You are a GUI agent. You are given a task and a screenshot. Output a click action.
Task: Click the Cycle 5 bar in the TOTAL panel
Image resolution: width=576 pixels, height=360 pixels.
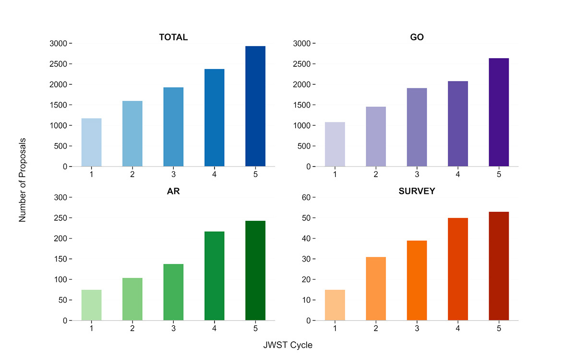[x=255, y=107]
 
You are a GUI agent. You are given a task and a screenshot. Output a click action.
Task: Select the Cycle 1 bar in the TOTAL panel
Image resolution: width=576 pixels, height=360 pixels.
[x=91, y=143]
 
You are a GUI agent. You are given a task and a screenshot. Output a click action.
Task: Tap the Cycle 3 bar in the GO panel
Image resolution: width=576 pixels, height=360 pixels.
[x=417, y=127]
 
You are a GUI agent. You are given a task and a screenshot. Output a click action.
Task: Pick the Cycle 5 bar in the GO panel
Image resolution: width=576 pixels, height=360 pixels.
[x=499, y=112]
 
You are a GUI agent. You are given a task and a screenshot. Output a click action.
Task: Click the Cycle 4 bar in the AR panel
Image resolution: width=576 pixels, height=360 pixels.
[x=214, y=276]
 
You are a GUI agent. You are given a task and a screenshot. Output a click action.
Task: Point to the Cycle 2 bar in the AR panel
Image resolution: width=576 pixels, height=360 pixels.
[x=132, y=299]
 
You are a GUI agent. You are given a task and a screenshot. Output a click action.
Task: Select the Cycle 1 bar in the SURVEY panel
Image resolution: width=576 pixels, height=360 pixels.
[x=335, y=305]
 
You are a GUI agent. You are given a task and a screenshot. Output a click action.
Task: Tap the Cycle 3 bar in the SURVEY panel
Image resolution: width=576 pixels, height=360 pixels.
[x=417, y=280]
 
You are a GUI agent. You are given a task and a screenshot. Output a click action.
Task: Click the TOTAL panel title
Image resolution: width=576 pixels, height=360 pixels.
[x=173, y=37]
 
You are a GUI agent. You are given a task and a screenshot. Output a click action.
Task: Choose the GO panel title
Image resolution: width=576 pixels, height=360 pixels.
[x=417, y=37]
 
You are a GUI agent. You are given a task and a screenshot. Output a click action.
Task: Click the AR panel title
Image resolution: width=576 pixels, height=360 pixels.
[x=173, y=191]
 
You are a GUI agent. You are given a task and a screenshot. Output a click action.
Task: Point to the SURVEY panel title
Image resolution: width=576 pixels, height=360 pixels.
[x=417, y=191]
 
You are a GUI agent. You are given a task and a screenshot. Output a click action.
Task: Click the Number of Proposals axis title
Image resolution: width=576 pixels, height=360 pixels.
[x=23, y=180]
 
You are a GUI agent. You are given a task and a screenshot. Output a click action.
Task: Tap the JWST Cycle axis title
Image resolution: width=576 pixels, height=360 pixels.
[x=288, y=345]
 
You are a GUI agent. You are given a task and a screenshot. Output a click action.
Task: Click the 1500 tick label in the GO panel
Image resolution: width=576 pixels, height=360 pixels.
[x=302, y=105]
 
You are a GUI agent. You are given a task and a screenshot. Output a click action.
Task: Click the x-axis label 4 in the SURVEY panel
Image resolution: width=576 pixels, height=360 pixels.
[x=458, y=328]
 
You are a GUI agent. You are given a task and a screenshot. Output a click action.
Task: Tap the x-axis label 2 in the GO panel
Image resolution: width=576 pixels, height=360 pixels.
[x=376, y=174]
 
